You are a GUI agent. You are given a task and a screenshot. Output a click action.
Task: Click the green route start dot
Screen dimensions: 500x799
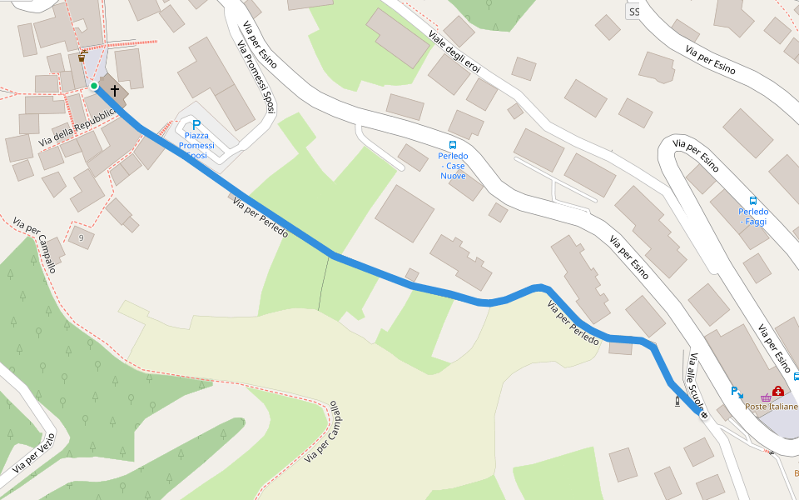94,86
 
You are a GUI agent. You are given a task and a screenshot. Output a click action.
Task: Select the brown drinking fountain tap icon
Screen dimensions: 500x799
82,57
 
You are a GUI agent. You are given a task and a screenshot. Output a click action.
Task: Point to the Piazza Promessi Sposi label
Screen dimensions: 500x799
196,147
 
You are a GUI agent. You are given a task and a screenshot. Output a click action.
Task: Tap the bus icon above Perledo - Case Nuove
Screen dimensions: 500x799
453,143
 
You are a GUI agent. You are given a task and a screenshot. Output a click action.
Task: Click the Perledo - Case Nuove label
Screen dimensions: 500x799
453,166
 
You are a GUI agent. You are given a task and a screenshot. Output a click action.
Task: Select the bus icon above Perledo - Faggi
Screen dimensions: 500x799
753,200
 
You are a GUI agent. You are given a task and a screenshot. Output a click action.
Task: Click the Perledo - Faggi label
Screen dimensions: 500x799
753,216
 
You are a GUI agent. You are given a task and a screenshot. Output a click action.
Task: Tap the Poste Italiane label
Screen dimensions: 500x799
771,407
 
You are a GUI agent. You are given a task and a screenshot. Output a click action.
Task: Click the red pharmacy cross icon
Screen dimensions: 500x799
777,391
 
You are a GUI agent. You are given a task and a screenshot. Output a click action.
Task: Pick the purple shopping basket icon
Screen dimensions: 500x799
765,398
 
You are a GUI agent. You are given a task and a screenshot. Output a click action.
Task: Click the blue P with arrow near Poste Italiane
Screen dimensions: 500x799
737,391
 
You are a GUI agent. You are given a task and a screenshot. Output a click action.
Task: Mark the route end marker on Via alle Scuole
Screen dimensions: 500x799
704,415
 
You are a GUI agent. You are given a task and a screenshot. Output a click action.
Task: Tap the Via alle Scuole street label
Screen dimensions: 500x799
696,379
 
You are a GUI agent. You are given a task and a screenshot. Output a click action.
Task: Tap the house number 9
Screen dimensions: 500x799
81,238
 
